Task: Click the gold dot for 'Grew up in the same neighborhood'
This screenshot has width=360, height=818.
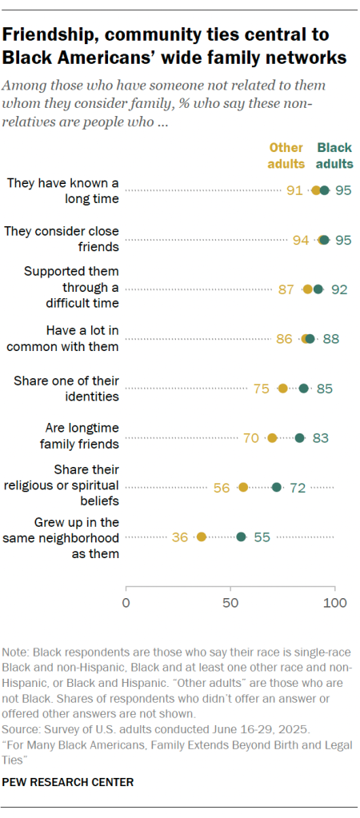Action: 201,537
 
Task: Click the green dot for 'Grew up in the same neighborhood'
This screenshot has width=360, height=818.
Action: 241,537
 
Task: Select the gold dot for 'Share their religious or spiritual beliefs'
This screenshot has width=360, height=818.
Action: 243,487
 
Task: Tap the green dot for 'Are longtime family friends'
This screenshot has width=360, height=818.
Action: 300,437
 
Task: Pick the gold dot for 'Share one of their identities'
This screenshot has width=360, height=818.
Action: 283,388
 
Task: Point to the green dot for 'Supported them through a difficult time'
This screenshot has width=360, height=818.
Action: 318,289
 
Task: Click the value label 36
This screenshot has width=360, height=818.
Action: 180,537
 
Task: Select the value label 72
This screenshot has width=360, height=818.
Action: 298,487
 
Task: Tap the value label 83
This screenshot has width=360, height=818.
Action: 321,437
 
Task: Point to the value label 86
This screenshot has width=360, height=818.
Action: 284,338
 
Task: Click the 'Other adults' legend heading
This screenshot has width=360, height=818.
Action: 286,155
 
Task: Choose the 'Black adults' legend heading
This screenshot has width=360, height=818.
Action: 334,155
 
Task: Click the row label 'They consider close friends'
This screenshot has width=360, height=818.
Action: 62,239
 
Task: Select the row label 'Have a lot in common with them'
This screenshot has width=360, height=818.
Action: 62,338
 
